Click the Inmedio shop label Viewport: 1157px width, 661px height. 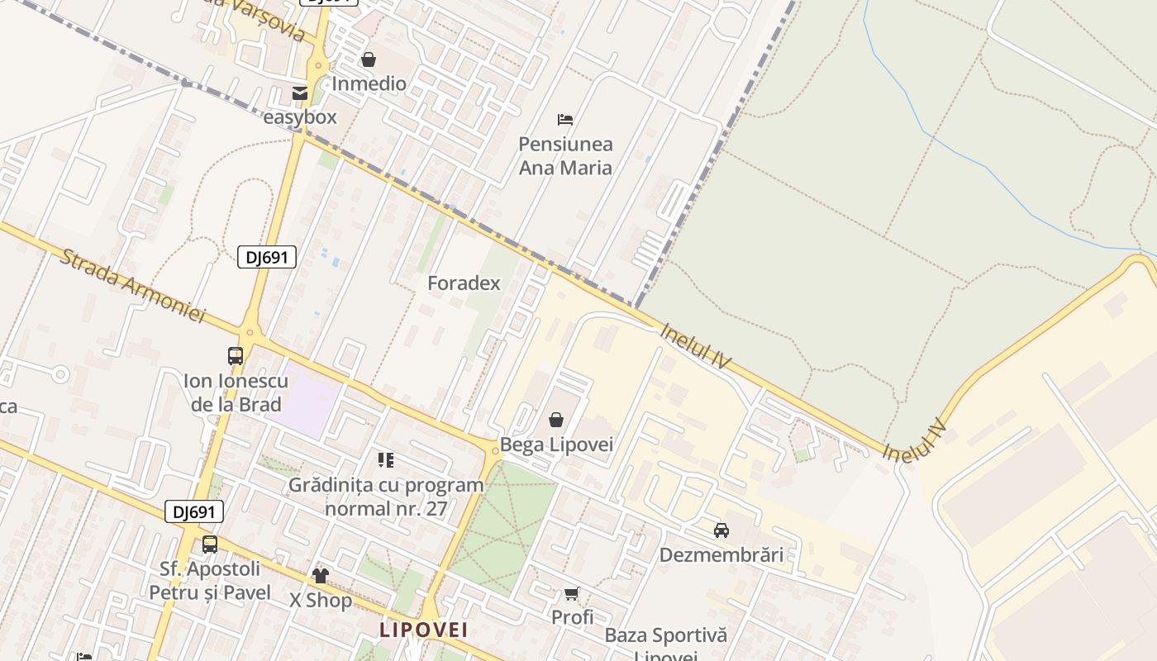coord(369,83)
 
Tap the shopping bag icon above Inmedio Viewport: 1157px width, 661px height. coord(369,59)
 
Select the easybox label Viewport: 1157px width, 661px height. coord(300,117)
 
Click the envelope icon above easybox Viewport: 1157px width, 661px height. coord(300,93)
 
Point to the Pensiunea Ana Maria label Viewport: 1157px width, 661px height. coord(565,156)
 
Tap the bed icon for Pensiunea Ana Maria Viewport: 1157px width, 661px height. coord(565,120)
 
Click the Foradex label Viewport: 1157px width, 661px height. coord(464,283)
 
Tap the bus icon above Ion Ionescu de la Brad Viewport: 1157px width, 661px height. coord(236,356)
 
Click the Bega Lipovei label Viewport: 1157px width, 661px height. coord(556,445)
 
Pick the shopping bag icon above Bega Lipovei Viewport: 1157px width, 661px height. coord(556,421)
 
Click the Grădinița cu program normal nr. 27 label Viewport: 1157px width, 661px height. coord(386,497)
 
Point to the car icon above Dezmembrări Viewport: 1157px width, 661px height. coord(721,530)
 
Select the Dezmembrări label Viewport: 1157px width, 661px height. coord(721,554)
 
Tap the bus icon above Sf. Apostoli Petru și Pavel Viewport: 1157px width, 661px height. coord(210,544)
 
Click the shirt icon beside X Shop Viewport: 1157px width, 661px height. coord(321,576)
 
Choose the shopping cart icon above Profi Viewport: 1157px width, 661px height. coord(571,594)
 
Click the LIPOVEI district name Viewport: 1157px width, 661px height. coord(423,630)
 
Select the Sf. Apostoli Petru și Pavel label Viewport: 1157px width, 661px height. coord(210,581)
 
